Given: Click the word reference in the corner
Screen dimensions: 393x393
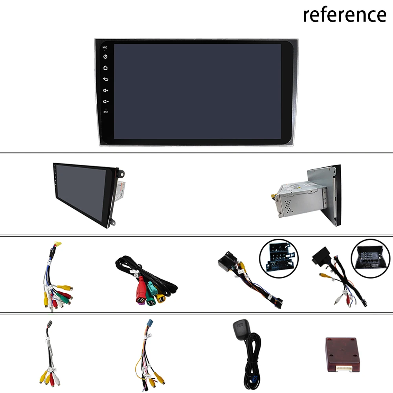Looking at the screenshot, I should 344,15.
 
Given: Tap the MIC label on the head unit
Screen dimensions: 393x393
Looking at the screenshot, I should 105,48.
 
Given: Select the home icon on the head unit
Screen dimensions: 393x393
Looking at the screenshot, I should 105,68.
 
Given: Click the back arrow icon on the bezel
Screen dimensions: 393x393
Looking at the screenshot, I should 105,79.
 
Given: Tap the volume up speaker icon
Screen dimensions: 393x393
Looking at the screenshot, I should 105,90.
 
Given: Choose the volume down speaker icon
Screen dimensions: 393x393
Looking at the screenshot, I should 105,102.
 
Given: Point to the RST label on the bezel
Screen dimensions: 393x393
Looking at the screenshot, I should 105,112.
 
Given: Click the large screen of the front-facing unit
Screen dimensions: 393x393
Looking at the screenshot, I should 197,91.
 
